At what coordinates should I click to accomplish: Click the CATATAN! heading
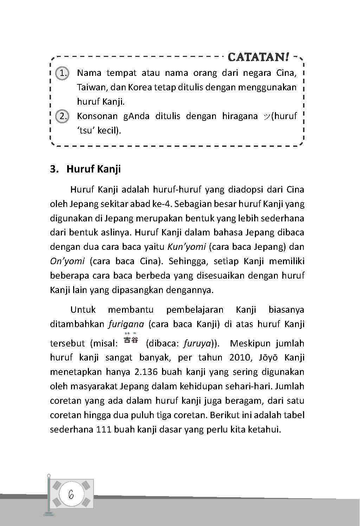[x=259, y=57]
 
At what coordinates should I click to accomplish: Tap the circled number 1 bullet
[x=63, y=73]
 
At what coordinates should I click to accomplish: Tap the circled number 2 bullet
[x=63, y=116]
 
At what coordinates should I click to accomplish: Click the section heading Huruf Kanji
[x=93, y=169]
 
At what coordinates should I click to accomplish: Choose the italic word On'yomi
[x=67, y=261]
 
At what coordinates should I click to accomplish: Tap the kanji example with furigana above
[x=131, y=339]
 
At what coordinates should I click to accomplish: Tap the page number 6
[x=71, y=494]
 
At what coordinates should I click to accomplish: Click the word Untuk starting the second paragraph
[x=83, y=310]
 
